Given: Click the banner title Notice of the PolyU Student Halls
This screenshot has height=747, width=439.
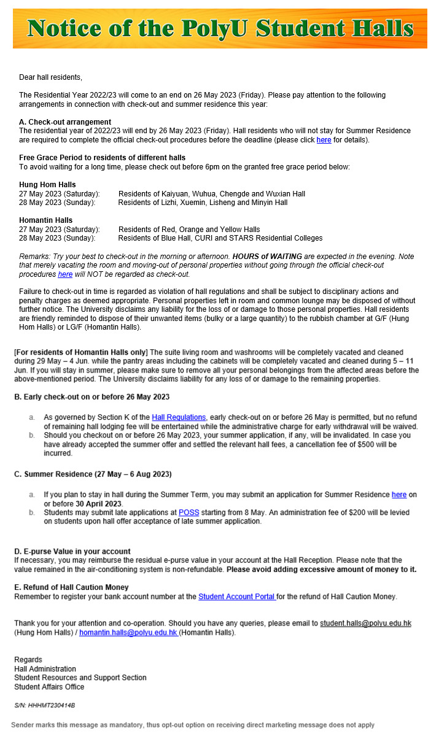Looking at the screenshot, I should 220,28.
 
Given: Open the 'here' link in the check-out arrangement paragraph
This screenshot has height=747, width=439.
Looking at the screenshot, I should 324,140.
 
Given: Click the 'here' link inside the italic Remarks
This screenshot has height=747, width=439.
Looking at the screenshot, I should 65,274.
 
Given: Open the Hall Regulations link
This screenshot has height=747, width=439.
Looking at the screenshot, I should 179,417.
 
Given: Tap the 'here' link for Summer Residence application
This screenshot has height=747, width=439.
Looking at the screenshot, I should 399,495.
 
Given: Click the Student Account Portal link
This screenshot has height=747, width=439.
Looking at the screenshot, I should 237,597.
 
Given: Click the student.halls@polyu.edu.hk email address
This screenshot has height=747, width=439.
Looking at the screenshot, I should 365,624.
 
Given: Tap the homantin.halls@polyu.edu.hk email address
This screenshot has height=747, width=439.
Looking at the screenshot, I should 128,633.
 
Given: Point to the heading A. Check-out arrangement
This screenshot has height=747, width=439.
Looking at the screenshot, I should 65,122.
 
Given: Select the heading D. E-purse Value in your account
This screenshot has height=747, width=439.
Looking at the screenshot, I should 72,552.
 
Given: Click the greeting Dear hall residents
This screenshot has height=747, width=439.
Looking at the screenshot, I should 50,77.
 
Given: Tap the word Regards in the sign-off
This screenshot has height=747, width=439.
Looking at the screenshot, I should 28,660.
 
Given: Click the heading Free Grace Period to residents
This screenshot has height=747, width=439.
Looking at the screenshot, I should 102,158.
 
